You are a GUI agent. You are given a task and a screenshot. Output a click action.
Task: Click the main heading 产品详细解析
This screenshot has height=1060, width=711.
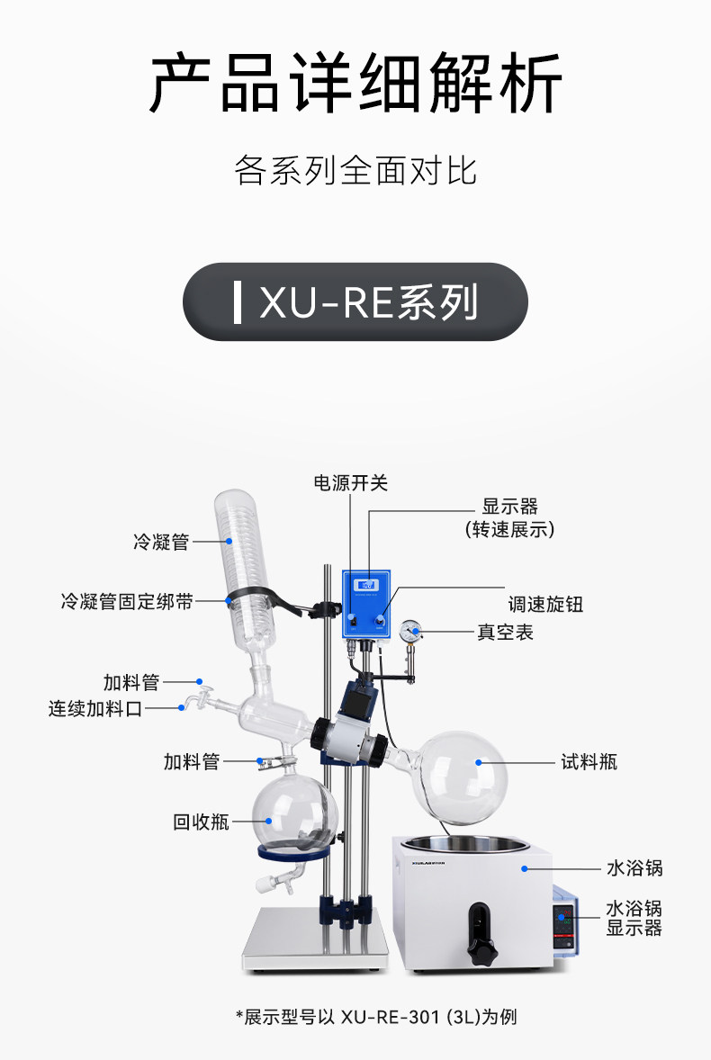355,83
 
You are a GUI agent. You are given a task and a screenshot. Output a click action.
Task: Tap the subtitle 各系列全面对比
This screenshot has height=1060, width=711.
355,170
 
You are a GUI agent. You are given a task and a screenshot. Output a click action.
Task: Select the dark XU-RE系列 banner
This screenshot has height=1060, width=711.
355,301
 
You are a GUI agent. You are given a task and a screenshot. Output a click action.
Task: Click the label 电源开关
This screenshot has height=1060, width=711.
350,482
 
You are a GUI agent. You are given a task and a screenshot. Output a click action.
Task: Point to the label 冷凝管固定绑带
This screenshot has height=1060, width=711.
127,601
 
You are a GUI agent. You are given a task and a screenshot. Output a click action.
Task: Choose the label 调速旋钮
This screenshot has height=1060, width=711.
545,604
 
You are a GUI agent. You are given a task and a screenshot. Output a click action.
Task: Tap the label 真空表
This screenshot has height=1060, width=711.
506,632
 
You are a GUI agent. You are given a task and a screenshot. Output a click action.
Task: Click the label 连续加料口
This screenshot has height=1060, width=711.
95,708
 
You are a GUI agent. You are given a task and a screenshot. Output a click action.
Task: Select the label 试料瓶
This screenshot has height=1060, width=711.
589,762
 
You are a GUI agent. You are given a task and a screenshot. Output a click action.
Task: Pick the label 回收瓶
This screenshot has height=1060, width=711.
202,822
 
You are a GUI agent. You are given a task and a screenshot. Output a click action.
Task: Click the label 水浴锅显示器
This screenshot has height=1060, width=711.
634,918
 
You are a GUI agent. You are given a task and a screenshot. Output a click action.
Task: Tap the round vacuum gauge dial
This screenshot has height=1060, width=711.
409,632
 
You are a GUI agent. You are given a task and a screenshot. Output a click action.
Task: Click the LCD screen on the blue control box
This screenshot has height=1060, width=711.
367,585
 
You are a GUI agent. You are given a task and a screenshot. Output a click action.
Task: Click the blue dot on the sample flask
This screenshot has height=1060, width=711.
479,762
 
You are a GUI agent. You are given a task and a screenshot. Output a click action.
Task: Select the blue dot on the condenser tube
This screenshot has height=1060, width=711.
229,542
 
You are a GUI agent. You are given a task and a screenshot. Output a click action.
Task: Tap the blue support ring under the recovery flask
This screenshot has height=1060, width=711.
294,852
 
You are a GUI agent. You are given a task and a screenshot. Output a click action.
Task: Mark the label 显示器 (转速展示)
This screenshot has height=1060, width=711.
509,517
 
